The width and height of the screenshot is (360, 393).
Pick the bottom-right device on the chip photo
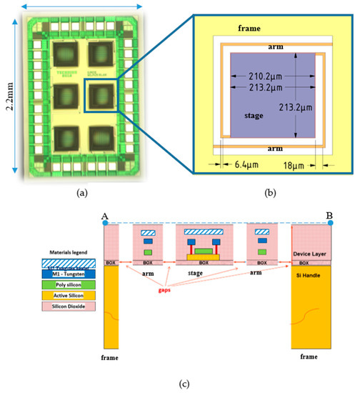[100, 137]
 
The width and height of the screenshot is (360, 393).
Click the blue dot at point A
[105, 224]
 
